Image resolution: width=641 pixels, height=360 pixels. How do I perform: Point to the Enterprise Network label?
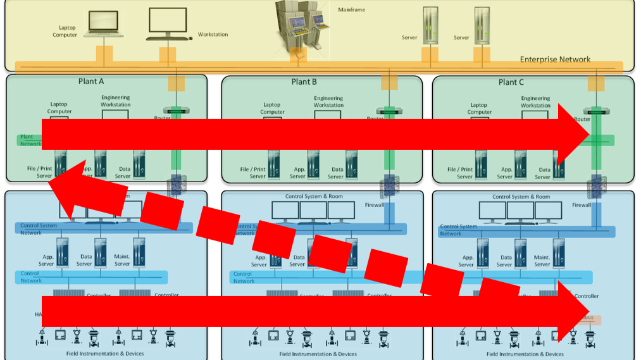[x=555, y=59]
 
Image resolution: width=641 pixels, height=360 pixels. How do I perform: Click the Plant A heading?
[x=91, y=82]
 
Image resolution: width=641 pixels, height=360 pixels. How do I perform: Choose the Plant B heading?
[x=304, y=82]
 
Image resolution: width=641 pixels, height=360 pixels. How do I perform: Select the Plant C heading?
[x=511, y=82]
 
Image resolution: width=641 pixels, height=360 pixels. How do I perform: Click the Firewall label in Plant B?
[x=374, y=205]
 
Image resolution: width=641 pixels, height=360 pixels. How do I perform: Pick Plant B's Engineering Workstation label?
[x=328, y=101]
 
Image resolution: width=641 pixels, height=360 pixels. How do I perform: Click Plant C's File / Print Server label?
[x=460, y=173]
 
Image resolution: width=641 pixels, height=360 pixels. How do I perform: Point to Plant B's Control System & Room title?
[x=314, y=196]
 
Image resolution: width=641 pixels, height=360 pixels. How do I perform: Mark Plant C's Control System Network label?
[x=458, y=230]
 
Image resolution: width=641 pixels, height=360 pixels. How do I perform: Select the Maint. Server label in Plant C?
[x=542, y=261]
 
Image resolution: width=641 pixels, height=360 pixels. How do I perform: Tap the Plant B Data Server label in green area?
[x=337, y=173]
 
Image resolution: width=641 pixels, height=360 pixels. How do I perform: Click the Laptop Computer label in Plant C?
[x=479, y=109]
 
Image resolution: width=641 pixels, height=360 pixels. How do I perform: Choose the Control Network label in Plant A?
[x=31, y=276]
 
